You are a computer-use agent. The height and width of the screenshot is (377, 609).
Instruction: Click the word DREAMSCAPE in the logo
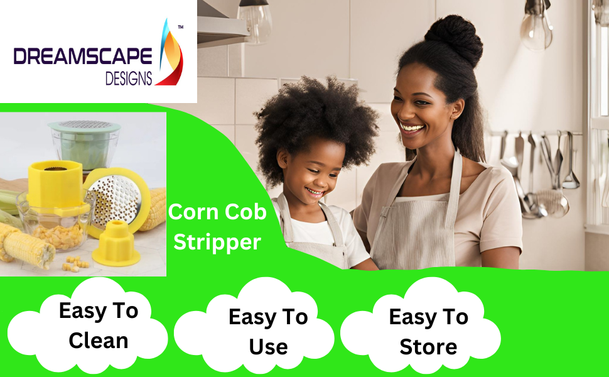click(83, 57)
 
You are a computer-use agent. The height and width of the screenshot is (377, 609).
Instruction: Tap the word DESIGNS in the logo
click(129, 79)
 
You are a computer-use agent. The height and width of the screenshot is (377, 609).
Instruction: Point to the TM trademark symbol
click(181, 28)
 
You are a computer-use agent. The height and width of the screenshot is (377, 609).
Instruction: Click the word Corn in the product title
click(193, 212)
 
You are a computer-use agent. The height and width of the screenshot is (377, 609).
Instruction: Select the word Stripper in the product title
click(217, 242)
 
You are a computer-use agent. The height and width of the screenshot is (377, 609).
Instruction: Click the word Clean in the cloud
click(99, 341)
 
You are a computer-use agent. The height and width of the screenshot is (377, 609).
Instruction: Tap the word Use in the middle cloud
click(268, 346)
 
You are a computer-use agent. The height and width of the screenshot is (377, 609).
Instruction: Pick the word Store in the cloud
click(428, 346)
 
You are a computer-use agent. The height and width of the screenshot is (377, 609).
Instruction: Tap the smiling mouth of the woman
click(412, 128)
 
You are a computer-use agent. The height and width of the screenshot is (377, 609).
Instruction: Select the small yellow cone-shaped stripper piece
click(116, 243)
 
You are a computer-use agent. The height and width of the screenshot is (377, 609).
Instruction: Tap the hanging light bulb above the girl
click(254, 22)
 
